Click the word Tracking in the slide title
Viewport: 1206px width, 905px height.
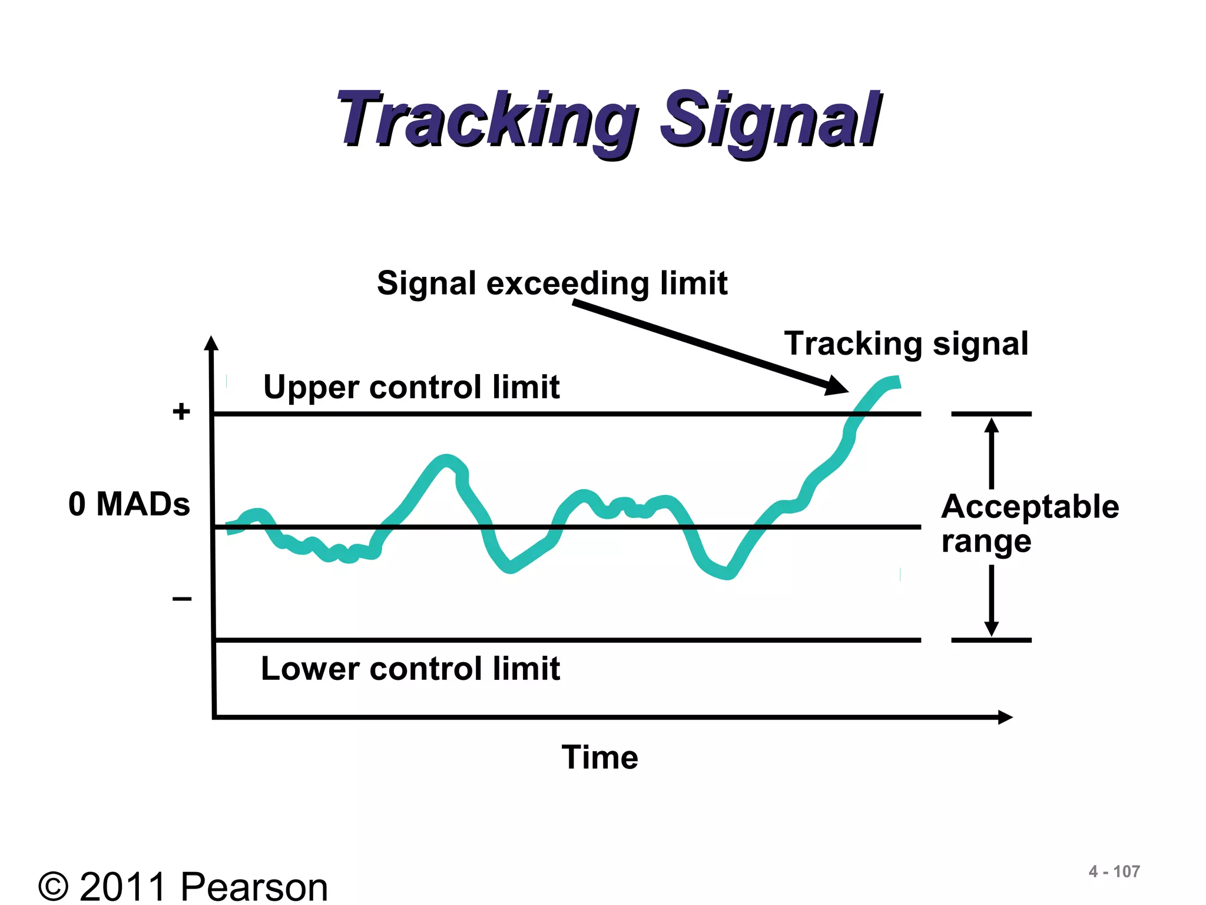tap(486, 120)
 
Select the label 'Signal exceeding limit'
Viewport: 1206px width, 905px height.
tap(552, 283)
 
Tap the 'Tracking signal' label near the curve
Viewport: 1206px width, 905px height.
tap(906, 343)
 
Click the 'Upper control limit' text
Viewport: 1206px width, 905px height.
tap(411, 387)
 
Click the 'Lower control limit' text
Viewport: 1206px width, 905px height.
tap(410, 669)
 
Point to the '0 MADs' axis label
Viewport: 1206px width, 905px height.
tap(129, 504)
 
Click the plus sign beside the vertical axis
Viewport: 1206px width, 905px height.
tap(181, 411)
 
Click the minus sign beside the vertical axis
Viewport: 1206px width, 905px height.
tap(182, 599)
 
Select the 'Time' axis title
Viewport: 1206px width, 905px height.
tap(599, 757)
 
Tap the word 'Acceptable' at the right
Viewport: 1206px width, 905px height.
tap(1030, 507)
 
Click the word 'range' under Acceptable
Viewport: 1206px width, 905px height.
tap(986, 541)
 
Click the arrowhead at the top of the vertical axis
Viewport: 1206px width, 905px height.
tap(211, 343)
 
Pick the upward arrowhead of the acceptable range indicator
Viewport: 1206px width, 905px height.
tap(992, 425)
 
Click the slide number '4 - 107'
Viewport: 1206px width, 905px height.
tap(1114, 871)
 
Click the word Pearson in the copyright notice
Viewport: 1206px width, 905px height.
tap(254, 887)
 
